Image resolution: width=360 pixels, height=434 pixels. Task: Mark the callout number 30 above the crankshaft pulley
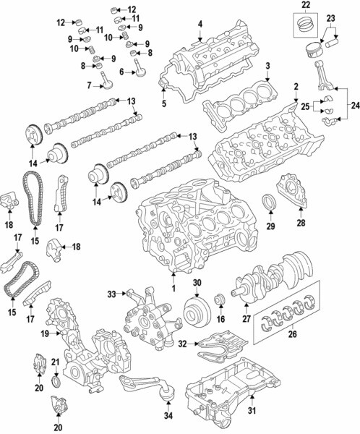coord(197,283)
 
